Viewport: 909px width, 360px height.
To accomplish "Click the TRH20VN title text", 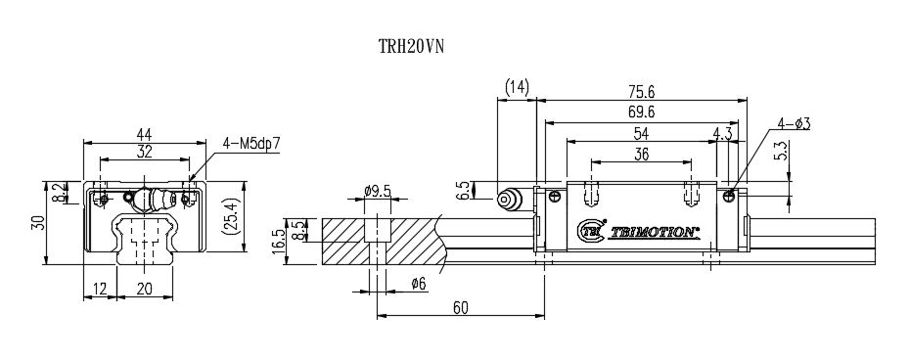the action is [412, 46].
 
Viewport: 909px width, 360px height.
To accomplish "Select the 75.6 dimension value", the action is [641, 92].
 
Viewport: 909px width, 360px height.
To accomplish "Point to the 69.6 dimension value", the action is [641, 112].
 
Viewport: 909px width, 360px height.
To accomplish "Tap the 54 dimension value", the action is [641, 133].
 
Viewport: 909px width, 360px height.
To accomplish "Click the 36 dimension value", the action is [641, 154].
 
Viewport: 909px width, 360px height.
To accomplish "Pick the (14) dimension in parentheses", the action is [517, 87].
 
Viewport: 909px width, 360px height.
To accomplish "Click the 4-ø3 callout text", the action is [794, 123].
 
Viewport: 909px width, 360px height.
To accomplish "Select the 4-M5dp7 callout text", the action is [251, 143].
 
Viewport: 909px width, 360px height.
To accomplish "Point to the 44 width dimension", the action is [145, 134].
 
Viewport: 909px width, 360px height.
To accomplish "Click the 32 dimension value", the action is [145, 152].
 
